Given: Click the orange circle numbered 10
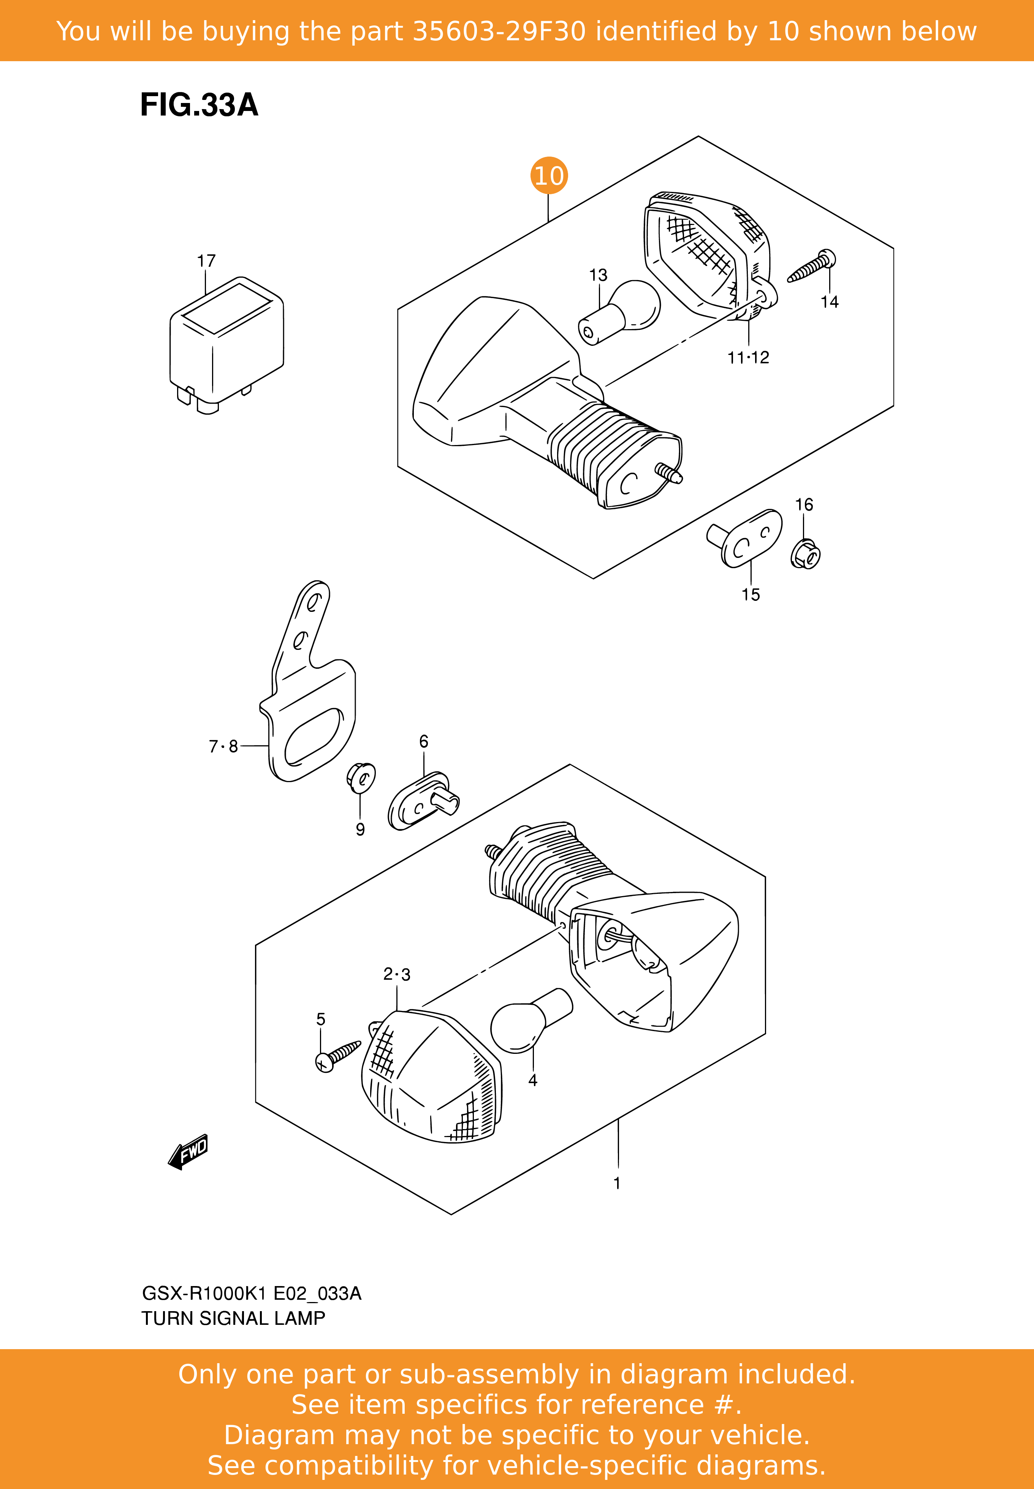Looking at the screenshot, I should (x=549, y=176).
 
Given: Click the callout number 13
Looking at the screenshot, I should (x=598, y=276).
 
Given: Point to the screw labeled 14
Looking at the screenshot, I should (x=811, y=267).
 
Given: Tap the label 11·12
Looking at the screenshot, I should (x=748, y=358).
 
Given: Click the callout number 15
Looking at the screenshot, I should (x=751, y=595).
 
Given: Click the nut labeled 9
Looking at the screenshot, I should (x=361, y=778).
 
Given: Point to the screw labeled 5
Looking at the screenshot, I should (x=337, y=1056).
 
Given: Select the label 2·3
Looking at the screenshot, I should (x=396, y=974).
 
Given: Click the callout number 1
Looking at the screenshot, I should (x=617, y=1183).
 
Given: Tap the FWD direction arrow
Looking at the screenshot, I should (x=188, y=1152).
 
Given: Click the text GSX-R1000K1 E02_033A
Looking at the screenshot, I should (x=251, y=1294).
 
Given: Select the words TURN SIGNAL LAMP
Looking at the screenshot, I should (x=233, y=1319).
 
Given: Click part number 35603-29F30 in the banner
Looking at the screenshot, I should (x=499, y=31).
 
